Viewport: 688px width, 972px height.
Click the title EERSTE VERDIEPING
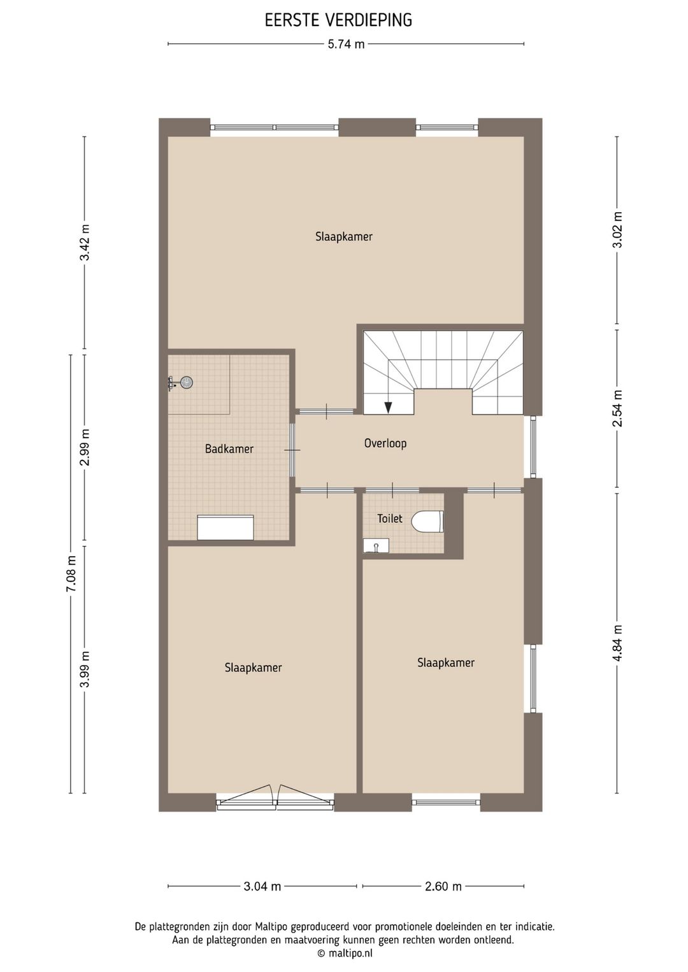[338, 20]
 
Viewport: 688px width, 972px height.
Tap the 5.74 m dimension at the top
[346, 45]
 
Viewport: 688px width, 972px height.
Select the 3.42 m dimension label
[84, 242]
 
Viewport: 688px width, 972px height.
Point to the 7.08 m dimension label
[71, 574]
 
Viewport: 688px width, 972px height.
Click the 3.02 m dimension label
[617, 230]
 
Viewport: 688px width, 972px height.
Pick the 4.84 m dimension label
[617, 643]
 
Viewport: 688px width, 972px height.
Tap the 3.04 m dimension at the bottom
[262, 887]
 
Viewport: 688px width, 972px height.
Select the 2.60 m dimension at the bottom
[443, 887]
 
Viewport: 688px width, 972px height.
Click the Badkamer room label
[229, 449]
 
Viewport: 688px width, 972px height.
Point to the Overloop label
[385, 443]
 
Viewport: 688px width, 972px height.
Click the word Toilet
[389, 518]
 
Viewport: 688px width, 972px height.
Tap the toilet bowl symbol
[427, 522]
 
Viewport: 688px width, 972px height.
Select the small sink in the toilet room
[376, 545]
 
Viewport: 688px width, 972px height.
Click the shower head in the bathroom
[186, 382]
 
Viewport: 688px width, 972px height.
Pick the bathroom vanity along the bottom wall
[225, 527]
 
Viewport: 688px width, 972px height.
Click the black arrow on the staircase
[388, 407]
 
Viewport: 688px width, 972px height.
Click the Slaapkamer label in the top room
[343, 237]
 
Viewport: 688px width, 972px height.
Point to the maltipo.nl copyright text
[344, 954]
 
